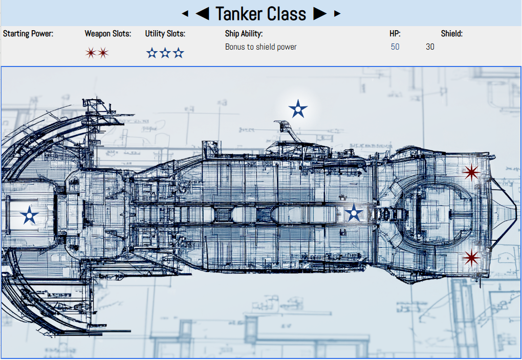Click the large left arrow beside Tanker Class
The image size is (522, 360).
coord(203,14)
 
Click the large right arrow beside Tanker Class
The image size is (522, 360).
coord(320,14)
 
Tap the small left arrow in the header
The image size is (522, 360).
coord(185,14)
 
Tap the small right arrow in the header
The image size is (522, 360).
coord(337,14)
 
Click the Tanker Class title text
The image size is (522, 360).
coord(261,14)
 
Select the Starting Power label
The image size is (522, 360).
coord(28,34)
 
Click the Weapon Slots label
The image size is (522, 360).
coord(108,34)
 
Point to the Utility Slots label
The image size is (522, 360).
coord(165,34)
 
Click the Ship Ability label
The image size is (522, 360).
coord(244,34)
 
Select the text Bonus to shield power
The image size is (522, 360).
coord(260,47)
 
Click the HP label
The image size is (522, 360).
coord(395,34)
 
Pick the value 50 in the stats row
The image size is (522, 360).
coord(395,47)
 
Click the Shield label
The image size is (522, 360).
coord(452,34)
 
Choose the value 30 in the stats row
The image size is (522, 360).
coord(430,47)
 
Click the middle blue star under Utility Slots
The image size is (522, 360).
coord(165,53)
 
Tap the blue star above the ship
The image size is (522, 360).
coord(298,109)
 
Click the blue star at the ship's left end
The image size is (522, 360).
coord(29,215)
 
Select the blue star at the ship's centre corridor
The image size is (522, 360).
coord(354,213)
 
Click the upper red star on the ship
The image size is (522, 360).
coord(471,172)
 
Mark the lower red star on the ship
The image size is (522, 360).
coord(471,258)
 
